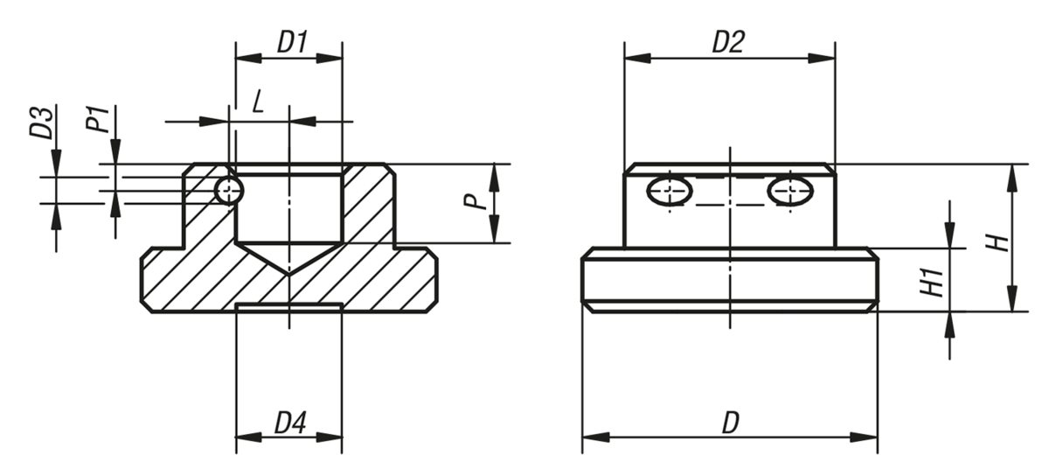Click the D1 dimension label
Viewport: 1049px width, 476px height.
click(x=292, y=41)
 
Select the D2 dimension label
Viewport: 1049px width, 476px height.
click(x=727, y=42)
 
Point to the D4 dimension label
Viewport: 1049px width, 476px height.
click(x=290, y=423)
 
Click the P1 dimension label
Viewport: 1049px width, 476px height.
click(x=98, y=118)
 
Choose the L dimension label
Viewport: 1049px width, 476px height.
click(x=258, y=102)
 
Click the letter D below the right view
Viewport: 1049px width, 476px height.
click(x=730, y=423)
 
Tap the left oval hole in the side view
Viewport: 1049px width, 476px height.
click(x=670, y=190)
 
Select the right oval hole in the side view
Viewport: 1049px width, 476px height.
click(x=789, y=190)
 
